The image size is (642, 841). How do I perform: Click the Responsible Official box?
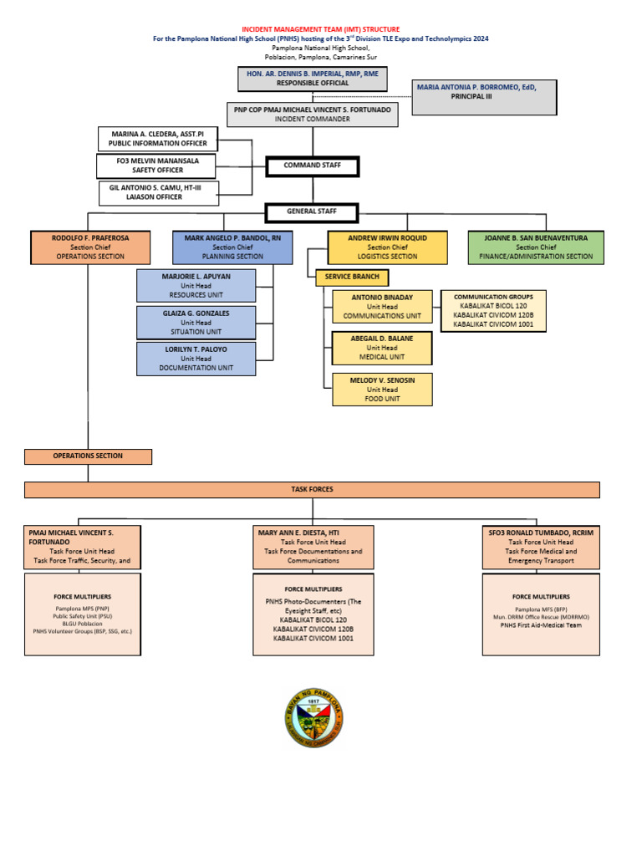(x=313, y=79)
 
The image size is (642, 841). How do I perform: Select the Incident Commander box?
(x=313, y=115)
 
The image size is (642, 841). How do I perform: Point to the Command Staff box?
(x=312, y=166)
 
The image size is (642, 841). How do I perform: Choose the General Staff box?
(x=312, y=212)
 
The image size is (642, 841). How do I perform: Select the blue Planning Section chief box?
(x=233, y=247)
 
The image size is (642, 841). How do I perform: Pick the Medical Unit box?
(x=382, y=348)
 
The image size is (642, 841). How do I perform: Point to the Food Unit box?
(x=382, y=390)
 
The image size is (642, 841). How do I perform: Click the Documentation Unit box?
(x=196, y=359)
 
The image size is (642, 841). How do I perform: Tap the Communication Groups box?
(x=493, y=310)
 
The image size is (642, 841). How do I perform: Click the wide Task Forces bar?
(x=312, y=490)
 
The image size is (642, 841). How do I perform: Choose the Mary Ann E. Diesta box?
(x=313, y=548)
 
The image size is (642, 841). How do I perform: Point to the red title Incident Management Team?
(x=321, y=29)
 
